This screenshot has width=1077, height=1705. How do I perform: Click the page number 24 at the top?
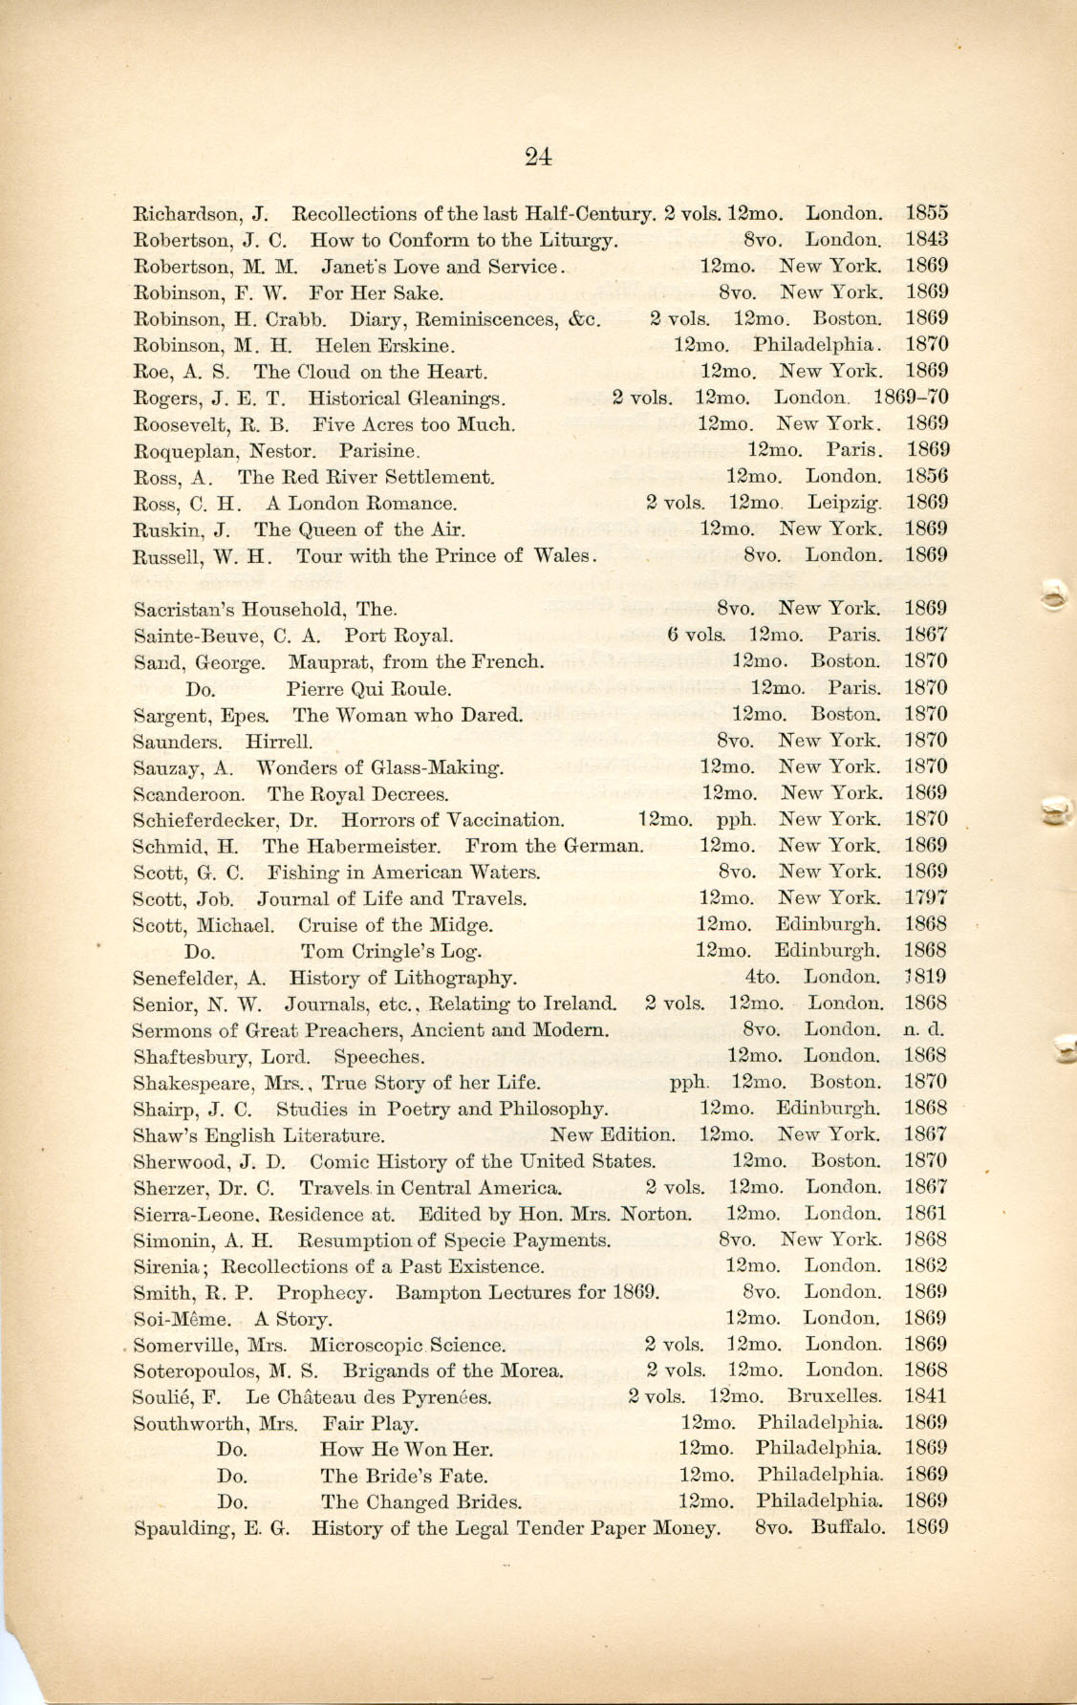(x=538, y=158)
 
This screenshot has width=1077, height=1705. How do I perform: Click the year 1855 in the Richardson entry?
(x=926, y=213)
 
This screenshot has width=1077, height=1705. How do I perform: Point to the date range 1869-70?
(x=910, y=398)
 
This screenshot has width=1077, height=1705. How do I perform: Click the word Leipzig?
(x=844, y=503)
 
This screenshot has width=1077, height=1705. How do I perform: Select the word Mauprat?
(x=329, y=661)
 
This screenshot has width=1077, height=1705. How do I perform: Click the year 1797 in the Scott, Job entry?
(x=925, y=898)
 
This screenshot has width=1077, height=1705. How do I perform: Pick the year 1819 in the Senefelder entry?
(x=925, y=977)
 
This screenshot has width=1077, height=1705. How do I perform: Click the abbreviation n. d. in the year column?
(x=923, y=1030)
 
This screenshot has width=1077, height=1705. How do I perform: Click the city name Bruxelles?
(x=834, y=1396)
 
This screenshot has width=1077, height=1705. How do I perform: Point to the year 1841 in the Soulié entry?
(x=925, y=1396)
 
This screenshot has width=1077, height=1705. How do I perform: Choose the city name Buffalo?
(x=848, y=1527)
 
